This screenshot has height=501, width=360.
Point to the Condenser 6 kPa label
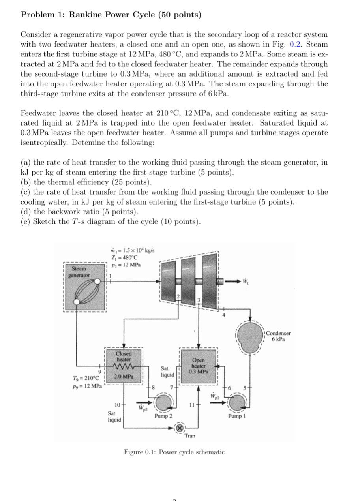pos(278,336)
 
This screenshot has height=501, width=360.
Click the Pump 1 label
pos(236,416)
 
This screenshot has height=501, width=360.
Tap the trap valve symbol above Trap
pos(180,428)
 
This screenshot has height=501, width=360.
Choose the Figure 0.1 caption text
pos(174,452)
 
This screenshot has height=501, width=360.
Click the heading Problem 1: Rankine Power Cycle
pos(111,15)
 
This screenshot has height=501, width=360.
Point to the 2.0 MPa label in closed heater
pos(123,376)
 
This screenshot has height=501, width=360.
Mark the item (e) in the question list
pos(111,221)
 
